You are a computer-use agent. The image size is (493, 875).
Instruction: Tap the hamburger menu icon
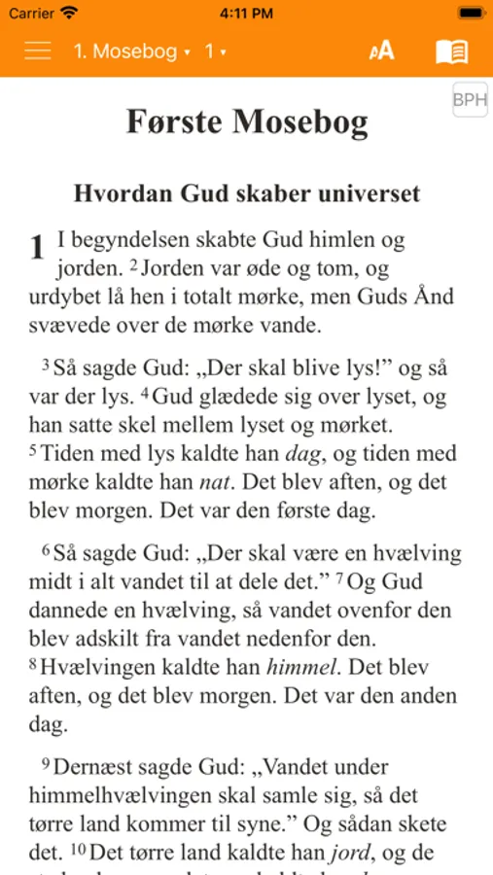38,51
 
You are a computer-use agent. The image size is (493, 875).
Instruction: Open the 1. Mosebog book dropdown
131,52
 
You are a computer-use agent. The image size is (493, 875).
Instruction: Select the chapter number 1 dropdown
215,52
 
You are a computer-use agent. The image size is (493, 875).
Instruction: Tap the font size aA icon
381,52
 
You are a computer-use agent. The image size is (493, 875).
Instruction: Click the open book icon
451,52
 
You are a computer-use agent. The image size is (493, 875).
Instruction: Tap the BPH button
471,101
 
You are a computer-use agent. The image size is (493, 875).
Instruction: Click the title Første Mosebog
247,122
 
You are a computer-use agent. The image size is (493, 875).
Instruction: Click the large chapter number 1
37,248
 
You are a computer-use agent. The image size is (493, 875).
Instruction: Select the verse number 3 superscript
46,366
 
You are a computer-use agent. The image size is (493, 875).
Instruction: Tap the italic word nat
214,481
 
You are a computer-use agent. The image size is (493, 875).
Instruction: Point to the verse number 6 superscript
46,550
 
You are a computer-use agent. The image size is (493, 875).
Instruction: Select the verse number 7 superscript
340,579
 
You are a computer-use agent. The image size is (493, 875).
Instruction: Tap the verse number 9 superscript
46,764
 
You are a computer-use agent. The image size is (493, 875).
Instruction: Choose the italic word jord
351,854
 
